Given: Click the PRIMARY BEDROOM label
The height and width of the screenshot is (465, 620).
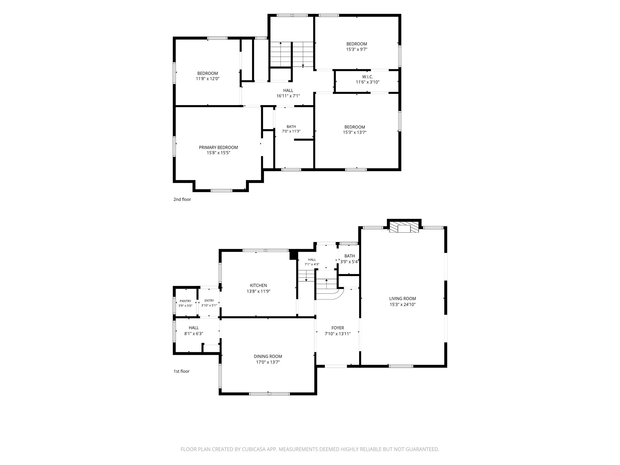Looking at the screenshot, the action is pyautogui.click(x=218, y=147).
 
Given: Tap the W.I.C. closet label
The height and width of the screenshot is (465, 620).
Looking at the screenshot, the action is pyautogui.click(x=368, y=77).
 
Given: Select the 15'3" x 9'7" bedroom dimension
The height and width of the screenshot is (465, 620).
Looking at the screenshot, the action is pyautogui.click(x=357, y=49).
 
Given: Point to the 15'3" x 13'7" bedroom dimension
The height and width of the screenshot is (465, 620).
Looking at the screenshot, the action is pyautogui.click(x=355, y=132).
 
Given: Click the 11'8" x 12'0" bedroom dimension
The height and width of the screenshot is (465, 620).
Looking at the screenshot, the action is pyautogui.click(x=207, y=79).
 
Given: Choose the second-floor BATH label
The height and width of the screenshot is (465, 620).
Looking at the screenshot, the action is pyautogui.click(x=291, y=127).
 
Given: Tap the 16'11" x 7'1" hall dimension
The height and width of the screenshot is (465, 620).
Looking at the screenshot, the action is pyautogui.click(x=288, y=96).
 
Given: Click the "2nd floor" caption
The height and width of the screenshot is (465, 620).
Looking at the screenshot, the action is pyautogui.click(x=182, y=199).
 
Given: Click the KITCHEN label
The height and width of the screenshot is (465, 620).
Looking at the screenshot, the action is pyautogui.click(x=258, y=286).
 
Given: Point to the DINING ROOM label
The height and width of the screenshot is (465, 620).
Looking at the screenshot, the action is pyautogui.click(x=268, y=357).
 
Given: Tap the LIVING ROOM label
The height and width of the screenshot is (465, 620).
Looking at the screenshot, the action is pyautogui.click(x=403, y=299).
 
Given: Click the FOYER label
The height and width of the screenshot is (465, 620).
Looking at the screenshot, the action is pyautogui.click(x=338, y=328).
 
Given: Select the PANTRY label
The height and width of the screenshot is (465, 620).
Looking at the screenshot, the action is pyautogui.click(x=185, y=301).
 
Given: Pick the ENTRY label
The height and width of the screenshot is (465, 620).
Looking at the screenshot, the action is pyautogui.click(x=209, y=301).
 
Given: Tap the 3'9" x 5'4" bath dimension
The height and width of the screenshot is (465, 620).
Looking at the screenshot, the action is pyautogui.click(x=349, y=262).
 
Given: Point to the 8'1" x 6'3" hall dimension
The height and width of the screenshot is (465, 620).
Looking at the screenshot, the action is pyautogui.click(x=193, y=334).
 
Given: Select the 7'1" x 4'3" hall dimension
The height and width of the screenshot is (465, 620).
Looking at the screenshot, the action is pyautogui.click(x=312, y=264).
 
